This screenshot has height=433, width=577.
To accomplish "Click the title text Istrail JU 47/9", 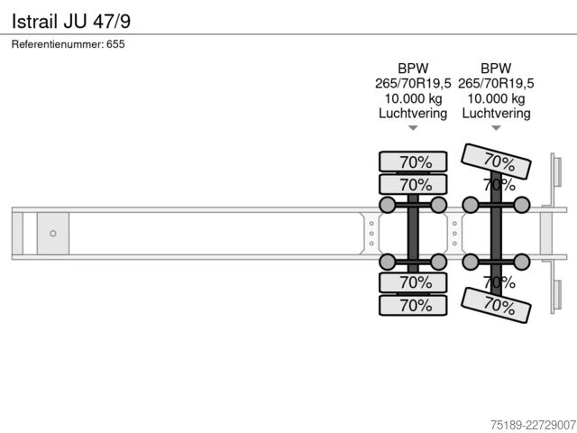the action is coord(71,21).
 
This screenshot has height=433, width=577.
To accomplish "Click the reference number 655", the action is coord(115,44).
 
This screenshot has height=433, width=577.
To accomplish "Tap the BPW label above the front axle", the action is coord(413,69).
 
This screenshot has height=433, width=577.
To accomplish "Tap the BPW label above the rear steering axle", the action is coord(496,69).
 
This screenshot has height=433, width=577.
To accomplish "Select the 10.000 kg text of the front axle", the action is coord(413,98).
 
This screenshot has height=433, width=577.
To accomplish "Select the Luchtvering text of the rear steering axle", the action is coord(496,114).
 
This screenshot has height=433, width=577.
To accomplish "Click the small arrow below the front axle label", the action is coord(413,128).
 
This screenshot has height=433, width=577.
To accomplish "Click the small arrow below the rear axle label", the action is coord(497,128).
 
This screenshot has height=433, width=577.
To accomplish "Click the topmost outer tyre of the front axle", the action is coord(413,161).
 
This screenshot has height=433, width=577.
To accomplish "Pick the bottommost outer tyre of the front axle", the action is coord(413,305).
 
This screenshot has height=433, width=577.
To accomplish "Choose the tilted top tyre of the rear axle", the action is coord(496,161).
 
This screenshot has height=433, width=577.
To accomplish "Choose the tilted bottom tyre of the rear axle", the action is coord(496,305).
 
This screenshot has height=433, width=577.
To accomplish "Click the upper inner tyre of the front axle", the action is coord(413,184).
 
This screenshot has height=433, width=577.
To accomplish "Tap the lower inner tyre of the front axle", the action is coord(413,282).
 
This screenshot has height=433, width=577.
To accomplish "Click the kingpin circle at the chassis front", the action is coord(53,234).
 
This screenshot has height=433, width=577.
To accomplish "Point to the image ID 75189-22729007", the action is coord(533,425).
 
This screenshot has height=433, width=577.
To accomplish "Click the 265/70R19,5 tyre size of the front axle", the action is coord(413,84).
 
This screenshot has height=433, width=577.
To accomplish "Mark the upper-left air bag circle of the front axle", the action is coord(387,205).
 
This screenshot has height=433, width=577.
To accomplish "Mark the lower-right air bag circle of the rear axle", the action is coord(522,262).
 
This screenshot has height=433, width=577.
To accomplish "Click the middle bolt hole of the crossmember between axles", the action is coord(454,234).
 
